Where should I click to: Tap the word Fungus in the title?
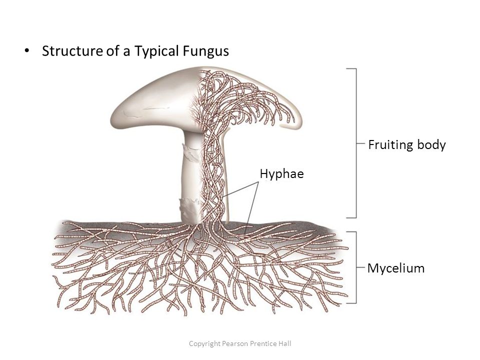(x=204, y=51)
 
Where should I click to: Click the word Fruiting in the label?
(x=390, y=145)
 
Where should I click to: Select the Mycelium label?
(x=396, y=268)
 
